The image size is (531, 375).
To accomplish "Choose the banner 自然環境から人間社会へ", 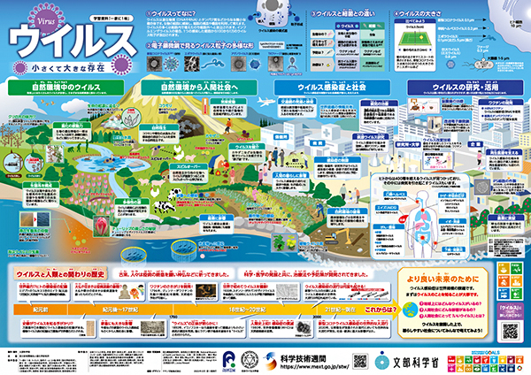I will pyautogui.click(x=199, y=88).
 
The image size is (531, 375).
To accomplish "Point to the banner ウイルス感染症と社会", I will pyautogui.click(x=333, y=88).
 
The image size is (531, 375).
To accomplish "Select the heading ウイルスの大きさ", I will pyautogui.click(x=442, y=15).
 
